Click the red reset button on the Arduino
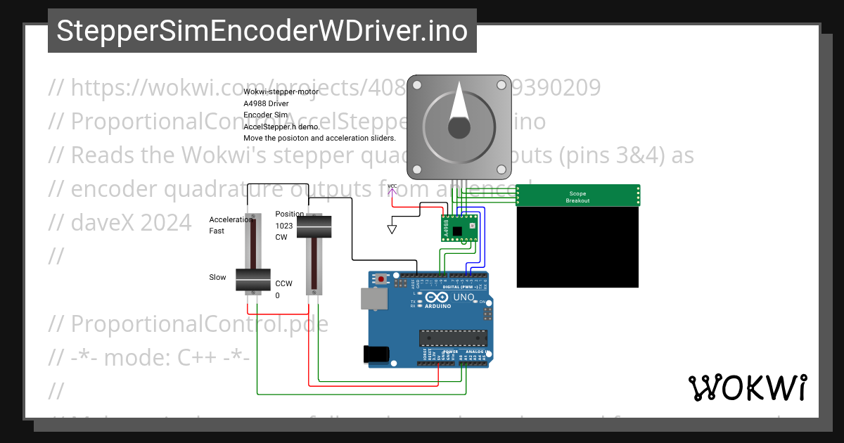(381, 279)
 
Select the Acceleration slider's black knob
(252, 281)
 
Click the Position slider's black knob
(314, 226)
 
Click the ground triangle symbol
(392, 229)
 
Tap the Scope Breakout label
(577, 197)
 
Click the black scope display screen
(577, 247)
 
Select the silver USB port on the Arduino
(373, 298)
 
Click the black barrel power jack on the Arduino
(376, 354)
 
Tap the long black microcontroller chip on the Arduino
(452, 338)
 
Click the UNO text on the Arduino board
(463, 297)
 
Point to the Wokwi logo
(747, 387)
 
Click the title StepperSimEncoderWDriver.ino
(262, 31)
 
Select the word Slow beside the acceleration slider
(217, 277)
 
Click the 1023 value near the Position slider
(284, 226)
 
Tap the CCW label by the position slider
(283, 283)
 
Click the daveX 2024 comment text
(120, 222)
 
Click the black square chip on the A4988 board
(458, 230)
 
